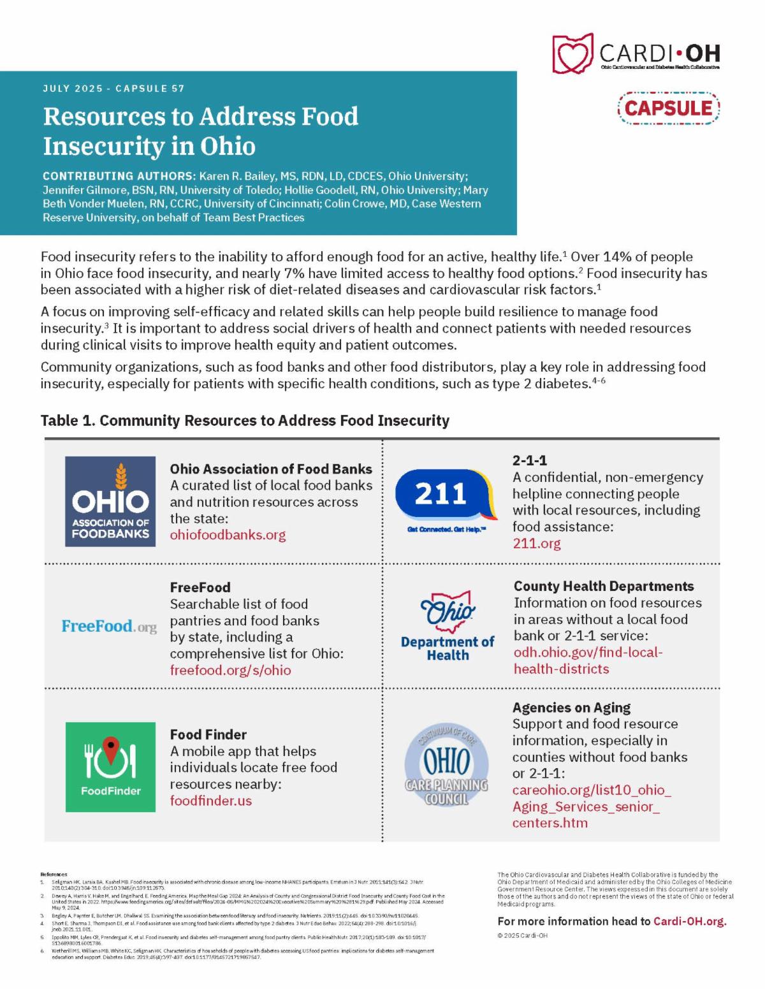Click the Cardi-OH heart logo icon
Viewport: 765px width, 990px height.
573,54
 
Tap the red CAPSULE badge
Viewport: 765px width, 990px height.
668,108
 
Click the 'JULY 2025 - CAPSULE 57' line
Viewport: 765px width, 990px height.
113,89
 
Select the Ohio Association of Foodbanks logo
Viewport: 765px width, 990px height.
110,501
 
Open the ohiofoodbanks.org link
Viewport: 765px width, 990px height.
228,535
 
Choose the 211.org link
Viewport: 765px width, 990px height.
537,543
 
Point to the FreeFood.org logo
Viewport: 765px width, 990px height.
109,626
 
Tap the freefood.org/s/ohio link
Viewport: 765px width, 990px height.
230,670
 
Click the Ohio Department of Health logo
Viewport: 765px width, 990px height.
448,626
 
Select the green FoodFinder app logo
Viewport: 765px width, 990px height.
110,767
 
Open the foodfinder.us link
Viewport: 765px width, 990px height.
210,801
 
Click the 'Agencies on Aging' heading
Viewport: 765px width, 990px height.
571,708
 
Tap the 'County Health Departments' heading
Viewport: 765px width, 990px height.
603,586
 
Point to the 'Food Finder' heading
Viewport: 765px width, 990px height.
208,734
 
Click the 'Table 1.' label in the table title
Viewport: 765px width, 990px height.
68,421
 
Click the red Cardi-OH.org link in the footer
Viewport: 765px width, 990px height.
690,921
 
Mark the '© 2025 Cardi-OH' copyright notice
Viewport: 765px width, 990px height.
522,936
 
